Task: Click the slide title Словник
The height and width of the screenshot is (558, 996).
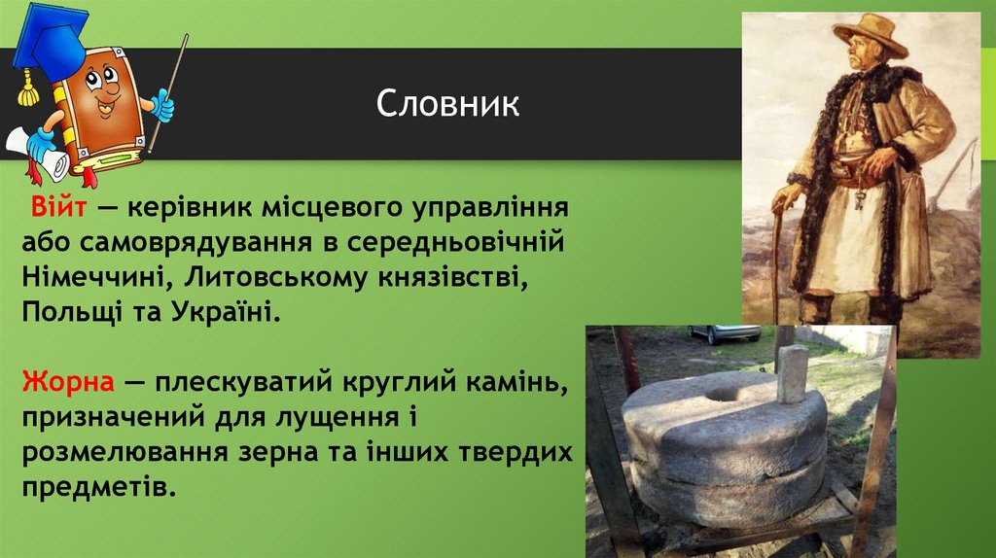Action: pyautogui.click(x=448, y=104)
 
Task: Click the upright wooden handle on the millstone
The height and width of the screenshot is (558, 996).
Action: pyautogui.click(x=791, y=371)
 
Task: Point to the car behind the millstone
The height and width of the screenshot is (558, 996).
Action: pyautogui.click(x=725, y=333)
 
